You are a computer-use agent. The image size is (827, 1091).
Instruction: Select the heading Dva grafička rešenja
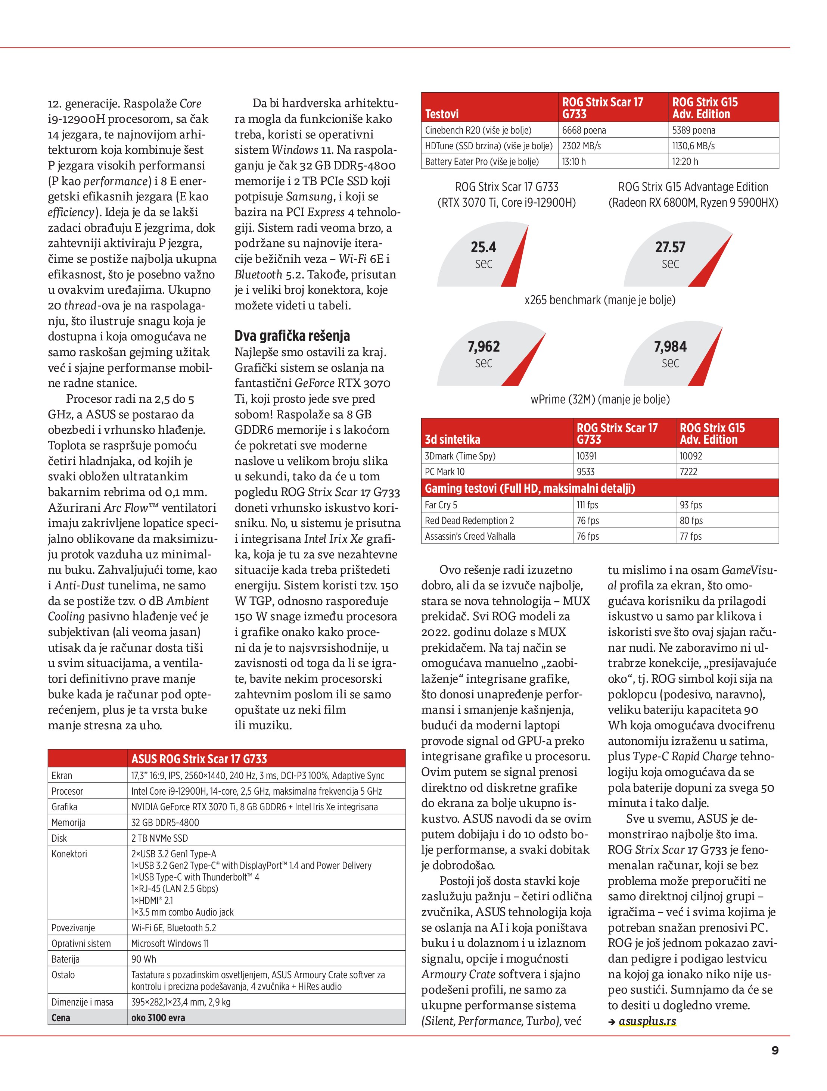click(292, 336)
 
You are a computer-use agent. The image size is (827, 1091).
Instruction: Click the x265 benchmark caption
click(600, 300)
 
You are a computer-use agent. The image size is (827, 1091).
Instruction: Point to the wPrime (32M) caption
click(600, 399)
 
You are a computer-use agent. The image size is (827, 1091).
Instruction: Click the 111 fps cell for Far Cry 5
click(588, 505)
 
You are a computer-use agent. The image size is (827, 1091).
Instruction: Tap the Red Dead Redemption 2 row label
click(469, 521)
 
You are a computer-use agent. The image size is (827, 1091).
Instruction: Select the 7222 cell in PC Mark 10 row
click(688, 471)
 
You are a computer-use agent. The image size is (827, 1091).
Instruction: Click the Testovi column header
click(442, 114)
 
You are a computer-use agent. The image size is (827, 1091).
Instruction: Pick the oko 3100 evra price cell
click(158, 1017)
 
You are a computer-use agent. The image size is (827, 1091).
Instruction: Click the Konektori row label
click(69, 854)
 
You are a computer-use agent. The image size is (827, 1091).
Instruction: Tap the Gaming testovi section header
click(529, 488)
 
